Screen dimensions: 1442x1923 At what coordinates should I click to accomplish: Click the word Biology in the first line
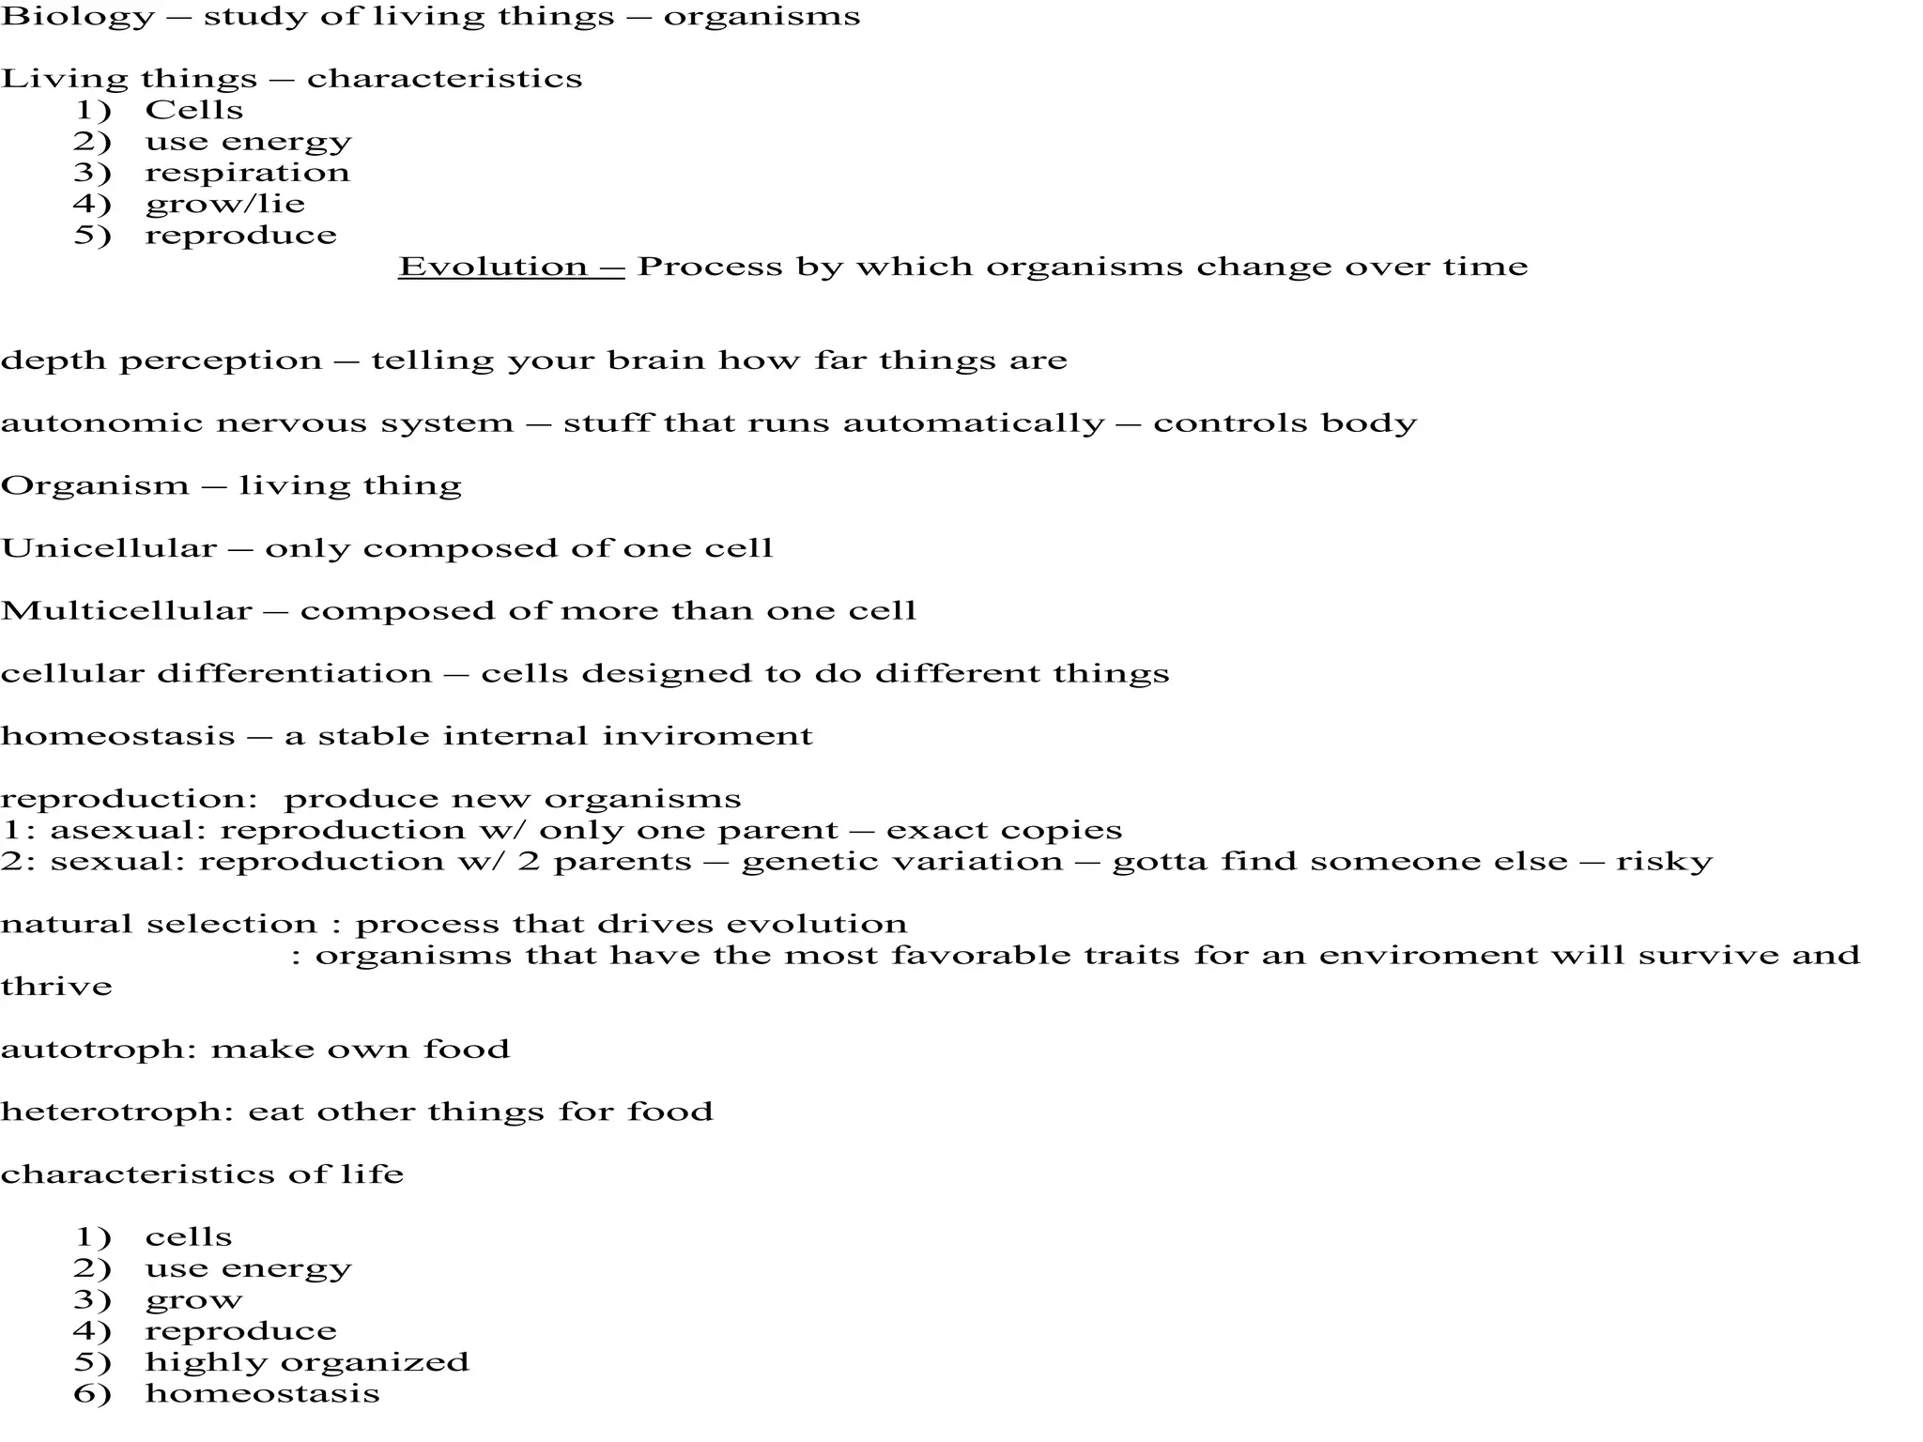click(77, 17)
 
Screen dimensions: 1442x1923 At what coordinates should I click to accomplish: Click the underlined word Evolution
click(493, 267)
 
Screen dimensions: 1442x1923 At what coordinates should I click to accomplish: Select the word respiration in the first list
click(247, 173)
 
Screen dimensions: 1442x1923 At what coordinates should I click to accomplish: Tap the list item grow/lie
click(224, 204)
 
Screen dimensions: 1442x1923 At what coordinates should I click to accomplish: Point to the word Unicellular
click(109, 548)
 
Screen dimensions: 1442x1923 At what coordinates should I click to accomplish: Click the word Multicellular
click(127, 611)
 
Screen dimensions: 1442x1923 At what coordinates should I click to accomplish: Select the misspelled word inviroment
click(707, 736)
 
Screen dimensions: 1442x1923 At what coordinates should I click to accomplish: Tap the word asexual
click(127, 830)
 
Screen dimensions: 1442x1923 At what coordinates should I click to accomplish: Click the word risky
click(1664, 862)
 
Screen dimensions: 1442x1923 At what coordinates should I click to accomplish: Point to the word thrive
click(56, 987)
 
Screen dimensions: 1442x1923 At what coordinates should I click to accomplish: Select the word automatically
click(974, 423)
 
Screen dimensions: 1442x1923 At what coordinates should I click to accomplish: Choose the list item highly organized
click(307, 1362)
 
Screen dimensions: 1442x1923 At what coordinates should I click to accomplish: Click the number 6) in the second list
click(92, 1393)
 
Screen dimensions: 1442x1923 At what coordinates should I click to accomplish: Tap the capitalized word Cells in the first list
click(193, 110)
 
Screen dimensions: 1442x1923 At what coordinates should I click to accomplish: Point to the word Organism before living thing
click(95, 485)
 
